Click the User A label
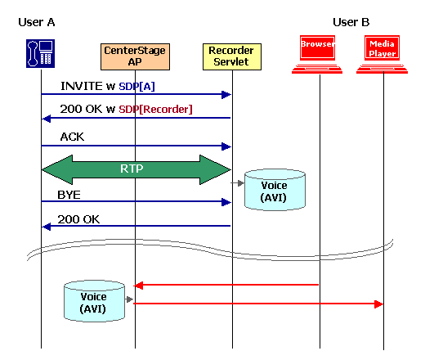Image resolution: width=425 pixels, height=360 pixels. [x=37, y=21]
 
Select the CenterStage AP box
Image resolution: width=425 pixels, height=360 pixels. [x=135, y=56]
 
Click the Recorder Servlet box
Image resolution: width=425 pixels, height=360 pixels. [x=232, y=56]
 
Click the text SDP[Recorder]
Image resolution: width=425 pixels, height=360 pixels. [x=155, y=108]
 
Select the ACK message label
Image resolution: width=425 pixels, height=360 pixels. [x=72, y=137]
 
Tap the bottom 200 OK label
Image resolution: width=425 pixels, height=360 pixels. [x=78, y=219]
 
